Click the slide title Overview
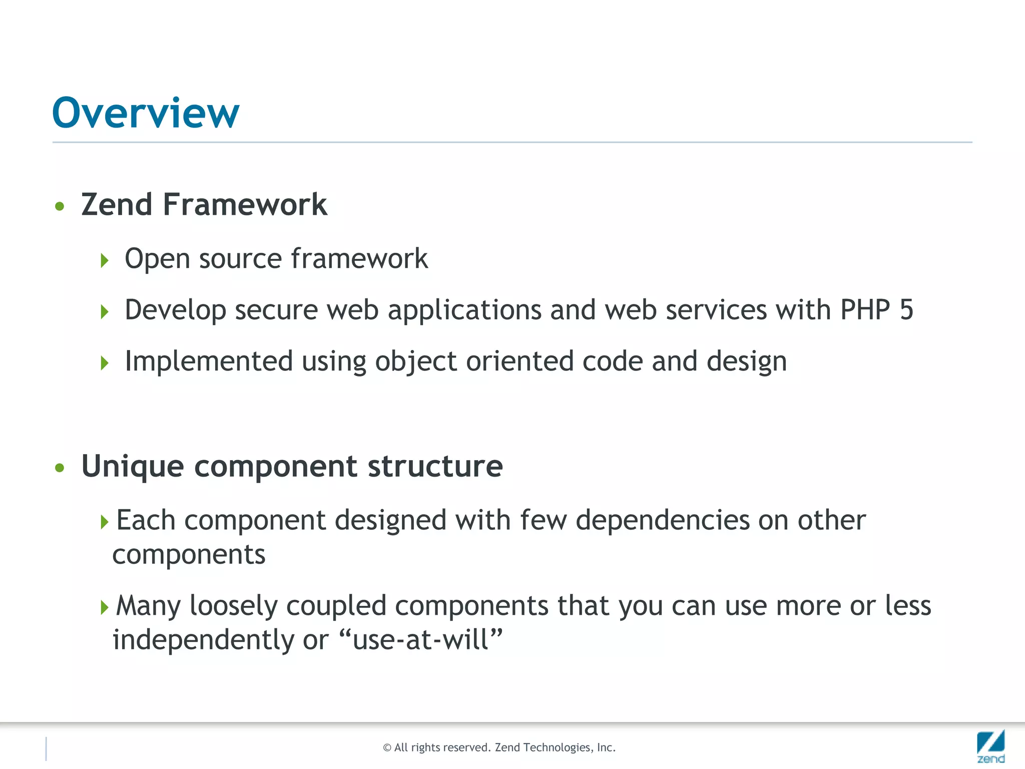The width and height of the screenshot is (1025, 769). click(146, 113)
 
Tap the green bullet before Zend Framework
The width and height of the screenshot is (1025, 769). click(60, 206)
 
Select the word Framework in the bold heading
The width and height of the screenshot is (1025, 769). click(245, 205)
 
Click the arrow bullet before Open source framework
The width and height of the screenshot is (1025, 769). click(104, 260)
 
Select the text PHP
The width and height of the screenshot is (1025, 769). click(865, 310)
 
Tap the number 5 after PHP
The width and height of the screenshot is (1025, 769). click(906, 310)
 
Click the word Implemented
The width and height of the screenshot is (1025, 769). click(209, 361)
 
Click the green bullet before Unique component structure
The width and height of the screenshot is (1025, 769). click(60, 468)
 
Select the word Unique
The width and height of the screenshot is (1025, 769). click(133, 467)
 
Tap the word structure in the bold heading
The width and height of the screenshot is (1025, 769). click(435, 466)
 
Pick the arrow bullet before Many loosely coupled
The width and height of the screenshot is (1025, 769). click(104, 608)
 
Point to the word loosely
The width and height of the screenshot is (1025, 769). click(233, 607)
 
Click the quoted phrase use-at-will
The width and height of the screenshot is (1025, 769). click(420, 640)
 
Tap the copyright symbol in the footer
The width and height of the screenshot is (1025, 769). click(387, 748)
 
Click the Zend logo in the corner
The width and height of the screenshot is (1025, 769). click(990, 746)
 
